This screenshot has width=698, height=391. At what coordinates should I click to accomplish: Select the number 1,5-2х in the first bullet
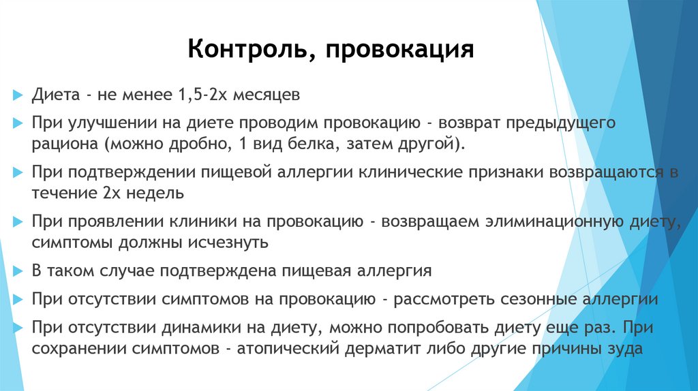(203, 95)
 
